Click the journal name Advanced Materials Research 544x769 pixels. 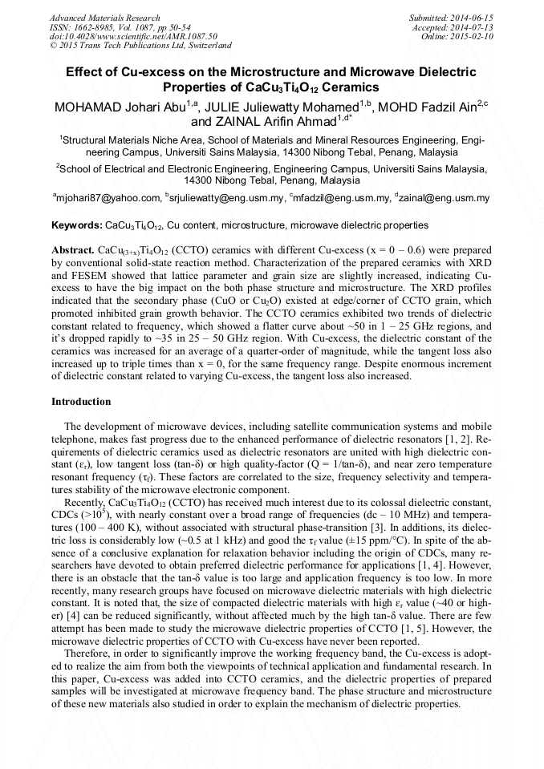104,18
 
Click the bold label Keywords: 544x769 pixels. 77,226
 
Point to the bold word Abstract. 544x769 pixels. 73,250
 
